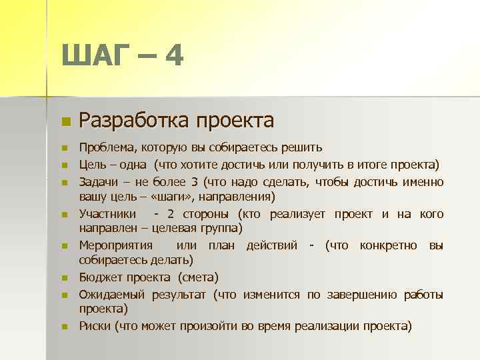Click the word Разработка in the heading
[132, 120]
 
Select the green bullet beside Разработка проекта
[64, 122]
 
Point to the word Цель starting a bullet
[93, 165]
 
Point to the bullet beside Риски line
[64, 327]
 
